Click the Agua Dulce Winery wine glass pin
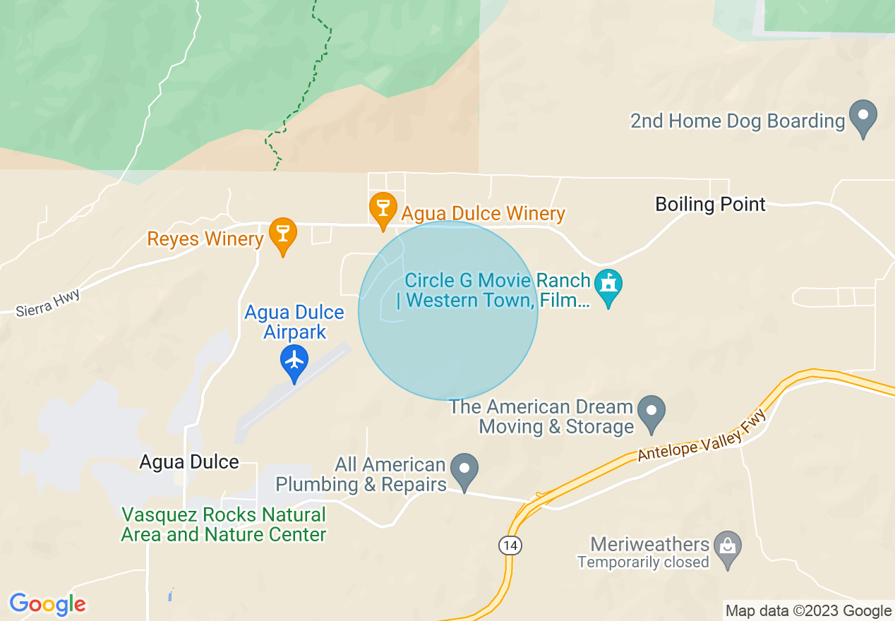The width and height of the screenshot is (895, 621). pyautogui.click(x=383, y=208)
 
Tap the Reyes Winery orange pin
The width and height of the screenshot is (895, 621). pyautogui.click(x=283, y=234)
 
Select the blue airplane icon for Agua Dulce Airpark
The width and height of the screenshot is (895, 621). pyautogui.click(x=294, y=361)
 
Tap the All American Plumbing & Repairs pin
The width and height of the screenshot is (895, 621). pyautogui.click(x=464, y=470)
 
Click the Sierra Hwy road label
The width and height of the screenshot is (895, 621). pyautogui.click(x=48, y=302)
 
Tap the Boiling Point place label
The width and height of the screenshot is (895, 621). pyautogui.click(x=710, y=205)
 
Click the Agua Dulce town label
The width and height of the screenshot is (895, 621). pyautogui.click(x=189, y=462)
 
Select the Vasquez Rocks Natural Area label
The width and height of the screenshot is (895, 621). pyautogui.click(x=224, y=524)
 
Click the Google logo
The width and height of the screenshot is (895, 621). pyautogui.click(x=47, y=604)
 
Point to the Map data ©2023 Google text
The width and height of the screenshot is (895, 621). pyautogui.click(x=808, y=610)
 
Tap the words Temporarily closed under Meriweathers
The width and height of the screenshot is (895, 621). pyautogui.click(x=643, y=562)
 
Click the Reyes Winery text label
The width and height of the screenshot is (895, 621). pyautogui.click(x=205, y=239)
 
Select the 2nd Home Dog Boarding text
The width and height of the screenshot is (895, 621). pyautogui.click(x=737, y=121)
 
